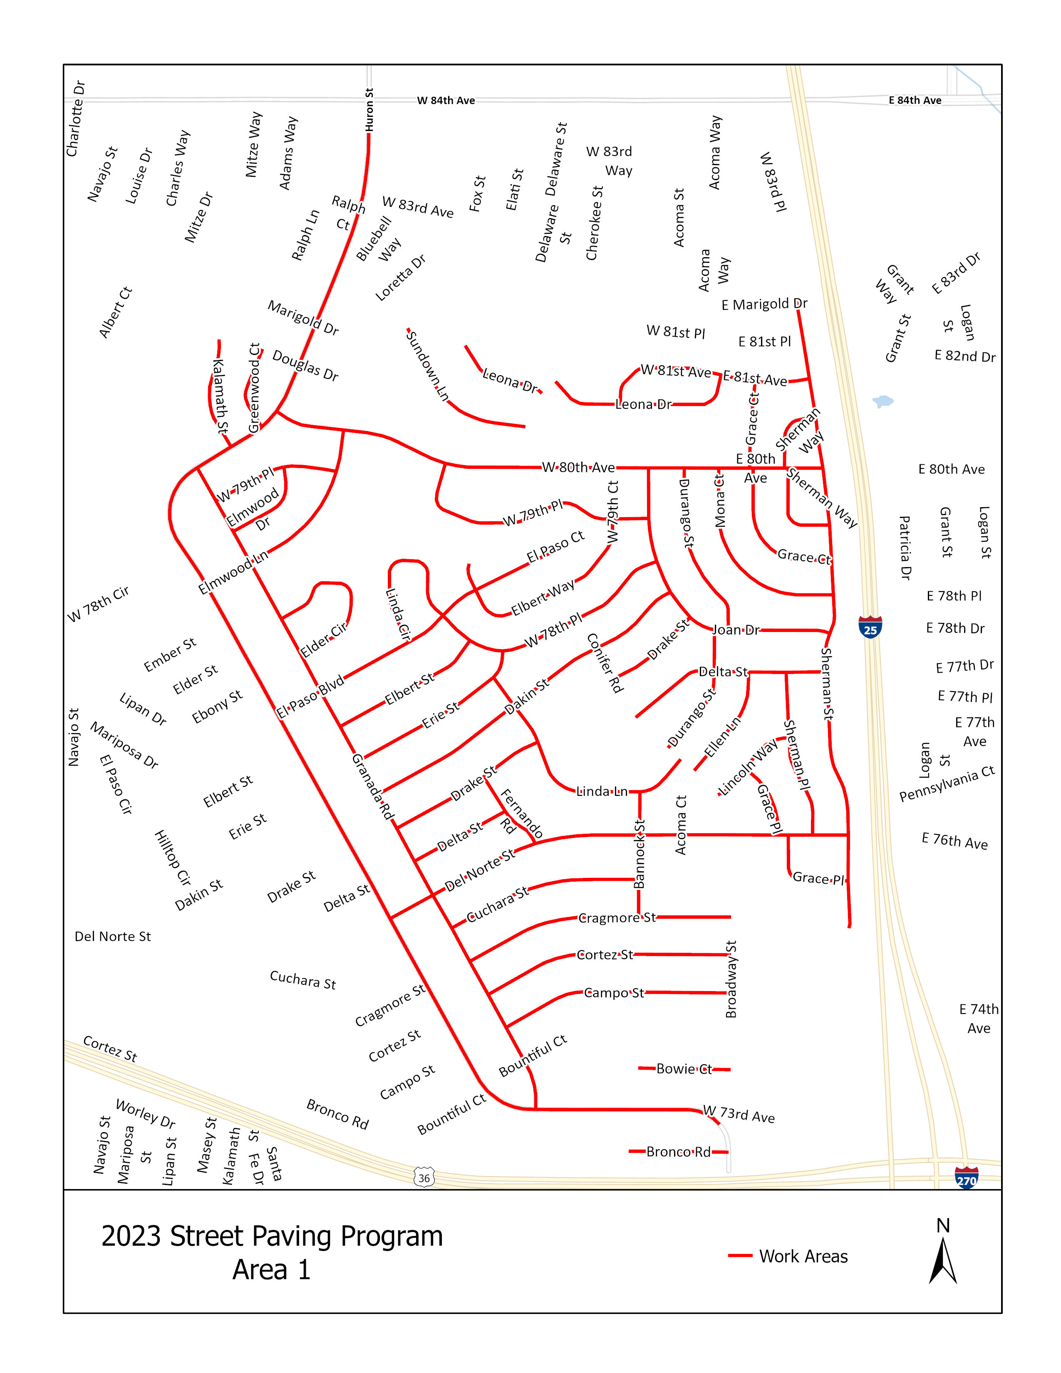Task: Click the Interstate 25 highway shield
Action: click(870, 627)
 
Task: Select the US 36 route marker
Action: click(424, 1177)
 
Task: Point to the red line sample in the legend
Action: click(740, 1256)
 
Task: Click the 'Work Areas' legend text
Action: click(803, 1256)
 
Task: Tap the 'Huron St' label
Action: click(369, 110)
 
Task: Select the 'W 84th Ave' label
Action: click(446, 101)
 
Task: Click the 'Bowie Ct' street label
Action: click(684, 1069)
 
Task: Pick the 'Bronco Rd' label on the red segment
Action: click(678, 1152)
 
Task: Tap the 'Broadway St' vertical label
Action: click(731, 979)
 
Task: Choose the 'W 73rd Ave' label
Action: click(739, 1115)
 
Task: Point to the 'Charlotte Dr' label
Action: click(75, 118)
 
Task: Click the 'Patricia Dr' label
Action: click(905, 548)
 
